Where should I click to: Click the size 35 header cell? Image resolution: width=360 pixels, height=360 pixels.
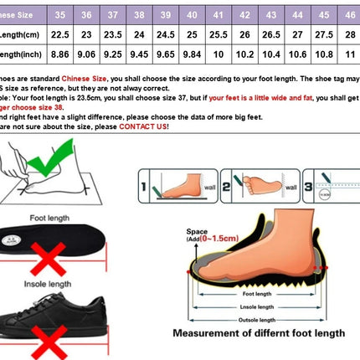(x=59, y=15)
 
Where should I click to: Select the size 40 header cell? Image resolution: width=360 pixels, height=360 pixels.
(x=193, y=15)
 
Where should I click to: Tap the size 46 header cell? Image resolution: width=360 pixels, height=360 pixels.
(x=349, y=15)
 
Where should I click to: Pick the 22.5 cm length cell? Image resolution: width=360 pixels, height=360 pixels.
(x=59, y=35)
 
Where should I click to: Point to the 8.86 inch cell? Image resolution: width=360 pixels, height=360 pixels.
(x=59, y=55)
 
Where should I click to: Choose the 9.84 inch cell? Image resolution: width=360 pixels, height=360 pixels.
(x=193, y=55)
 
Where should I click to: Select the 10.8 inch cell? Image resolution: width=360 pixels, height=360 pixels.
(x=323, y=55)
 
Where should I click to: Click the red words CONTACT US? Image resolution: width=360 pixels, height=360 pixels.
(x=143, y=126)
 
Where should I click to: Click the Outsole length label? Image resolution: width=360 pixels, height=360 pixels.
(x=256, y=319)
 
